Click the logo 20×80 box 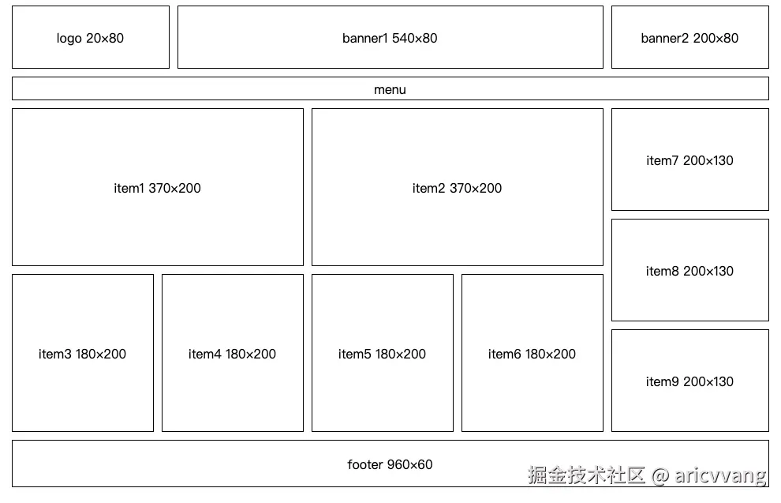click(90, 38)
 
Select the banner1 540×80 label click(390, 38)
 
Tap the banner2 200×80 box click(689, 38)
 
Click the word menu click(390, 89)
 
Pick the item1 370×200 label click(157, 188)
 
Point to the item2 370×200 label click(457, 188)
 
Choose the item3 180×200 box click(82, 354)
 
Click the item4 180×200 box click(232, 354)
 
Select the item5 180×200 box click(382, 354)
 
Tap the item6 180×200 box click(532, 354)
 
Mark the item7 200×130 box click(689, 160)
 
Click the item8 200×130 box click(689, 271)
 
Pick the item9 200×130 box click(689, 381)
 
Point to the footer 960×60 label click(390, 464)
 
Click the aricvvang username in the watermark click(720, 475)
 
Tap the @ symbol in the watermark click(660, 475)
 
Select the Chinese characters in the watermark click(587, 475)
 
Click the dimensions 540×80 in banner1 click(414, 38)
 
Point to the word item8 click(662, 271)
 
